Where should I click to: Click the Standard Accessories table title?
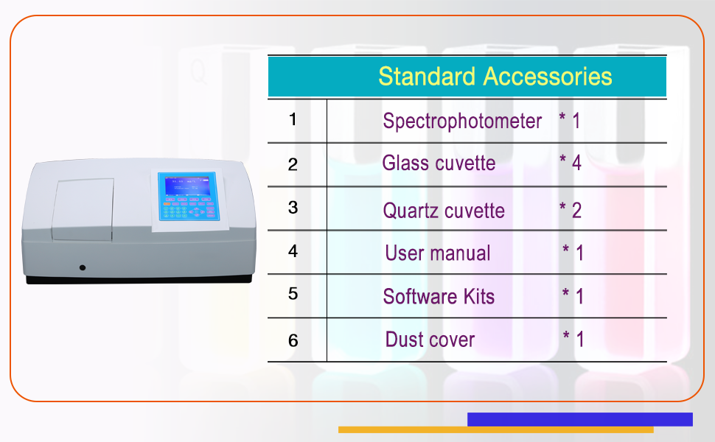(x=495, y=77)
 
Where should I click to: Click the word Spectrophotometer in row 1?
(x=462, y=121)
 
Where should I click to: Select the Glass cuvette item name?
(x=439, y=163)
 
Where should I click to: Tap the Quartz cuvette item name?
(x=444, y=211)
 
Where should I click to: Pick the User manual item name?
(x=437, y=253)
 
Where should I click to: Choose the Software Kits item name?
(x=439, y=297)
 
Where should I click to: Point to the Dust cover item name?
(x=430, y=340)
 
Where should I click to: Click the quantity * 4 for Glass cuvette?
(x=571, y=163)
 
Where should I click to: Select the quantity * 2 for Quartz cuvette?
(x=571, y=211)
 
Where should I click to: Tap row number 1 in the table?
(x=293, y=119)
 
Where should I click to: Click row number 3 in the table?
(x=293, y=208)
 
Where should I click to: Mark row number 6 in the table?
(x=293, y=340)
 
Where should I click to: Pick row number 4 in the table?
(x=293, y=251)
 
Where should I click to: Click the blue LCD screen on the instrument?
(x=186, y=186)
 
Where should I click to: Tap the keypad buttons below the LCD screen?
(x=187, y=210)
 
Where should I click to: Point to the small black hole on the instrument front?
(x=82, y=267)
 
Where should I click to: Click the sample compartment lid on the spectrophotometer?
(x=82, y=209)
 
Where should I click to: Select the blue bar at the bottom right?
(x=579, y=419)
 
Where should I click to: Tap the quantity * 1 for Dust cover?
(x=573, y=340)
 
